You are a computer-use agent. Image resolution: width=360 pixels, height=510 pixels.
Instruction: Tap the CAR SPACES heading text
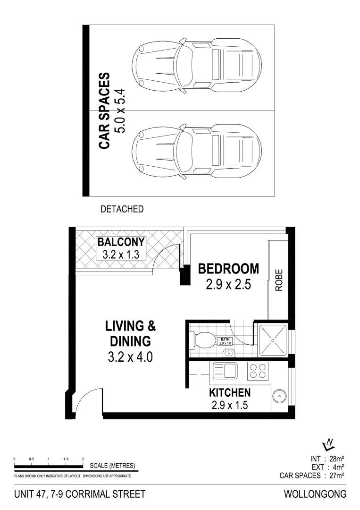click(104, 110)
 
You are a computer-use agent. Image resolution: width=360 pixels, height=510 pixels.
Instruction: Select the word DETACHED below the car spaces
click(122, 209)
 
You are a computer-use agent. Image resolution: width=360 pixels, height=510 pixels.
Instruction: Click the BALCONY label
click(121, 243)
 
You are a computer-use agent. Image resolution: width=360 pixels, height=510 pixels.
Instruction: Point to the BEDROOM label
click(228, 269)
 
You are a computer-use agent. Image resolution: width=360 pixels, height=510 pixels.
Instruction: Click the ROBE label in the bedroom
click(278, 280)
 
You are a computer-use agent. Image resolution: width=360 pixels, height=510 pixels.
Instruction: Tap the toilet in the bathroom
click(201, 339)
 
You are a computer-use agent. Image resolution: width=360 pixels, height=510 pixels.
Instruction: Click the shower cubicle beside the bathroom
click(272, 339)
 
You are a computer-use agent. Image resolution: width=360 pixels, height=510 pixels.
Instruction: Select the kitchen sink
click(225, 370)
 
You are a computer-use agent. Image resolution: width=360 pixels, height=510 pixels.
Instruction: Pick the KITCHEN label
click(229, 392)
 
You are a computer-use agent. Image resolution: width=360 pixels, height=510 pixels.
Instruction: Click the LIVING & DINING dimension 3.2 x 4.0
click(130, 357)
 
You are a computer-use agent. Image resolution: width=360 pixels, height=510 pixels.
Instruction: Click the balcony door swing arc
click(169, 257)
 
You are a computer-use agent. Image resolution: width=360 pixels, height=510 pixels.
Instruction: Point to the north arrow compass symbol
click(328, 444)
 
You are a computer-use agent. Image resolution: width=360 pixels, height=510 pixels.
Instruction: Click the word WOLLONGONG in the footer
click(315, 494)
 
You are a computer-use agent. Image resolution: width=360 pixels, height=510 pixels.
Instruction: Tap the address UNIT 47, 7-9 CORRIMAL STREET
click(80, 494)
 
